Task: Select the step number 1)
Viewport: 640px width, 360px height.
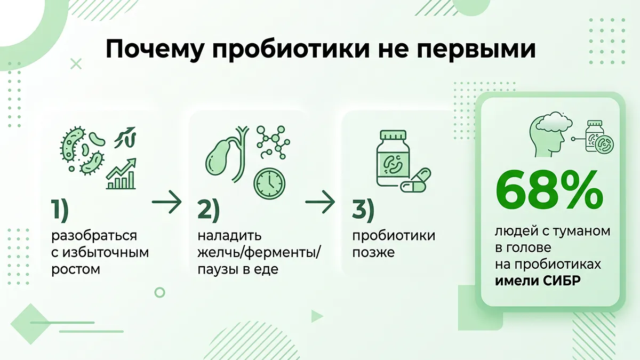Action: [x=60, y=210]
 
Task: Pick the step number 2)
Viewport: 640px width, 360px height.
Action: [x=209, y=210]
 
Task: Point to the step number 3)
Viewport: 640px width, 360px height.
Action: [x=363, y=210]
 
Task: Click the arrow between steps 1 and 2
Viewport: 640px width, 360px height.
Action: [x=167, y=202]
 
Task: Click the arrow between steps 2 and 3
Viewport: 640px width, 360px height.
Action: [x=320, y=202]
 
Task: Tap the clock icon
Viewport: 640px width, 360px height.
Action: [x=269, y=183]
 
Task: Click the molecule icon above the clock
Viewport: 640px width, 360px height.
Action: [x=274, y=142]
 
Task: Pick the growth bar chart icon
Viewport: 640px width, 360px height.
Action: [x=121, y=174]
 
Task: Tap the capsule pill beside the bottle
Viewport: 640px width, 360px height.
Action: [x=415, y=180]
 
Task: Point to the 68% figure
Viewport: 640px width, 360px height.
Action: [x=549, y=189]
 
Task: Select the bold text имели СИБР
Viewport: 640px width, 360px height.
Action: [x=538, y=281]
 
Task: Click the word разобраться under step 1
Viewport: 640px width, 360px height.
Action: [x=94, y=236]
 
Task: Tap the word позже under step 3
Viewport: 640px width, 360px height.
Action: [x=373, y=253]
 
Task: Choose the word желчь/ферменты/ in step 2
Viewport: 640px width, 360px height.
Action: [x=259, y=253]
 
